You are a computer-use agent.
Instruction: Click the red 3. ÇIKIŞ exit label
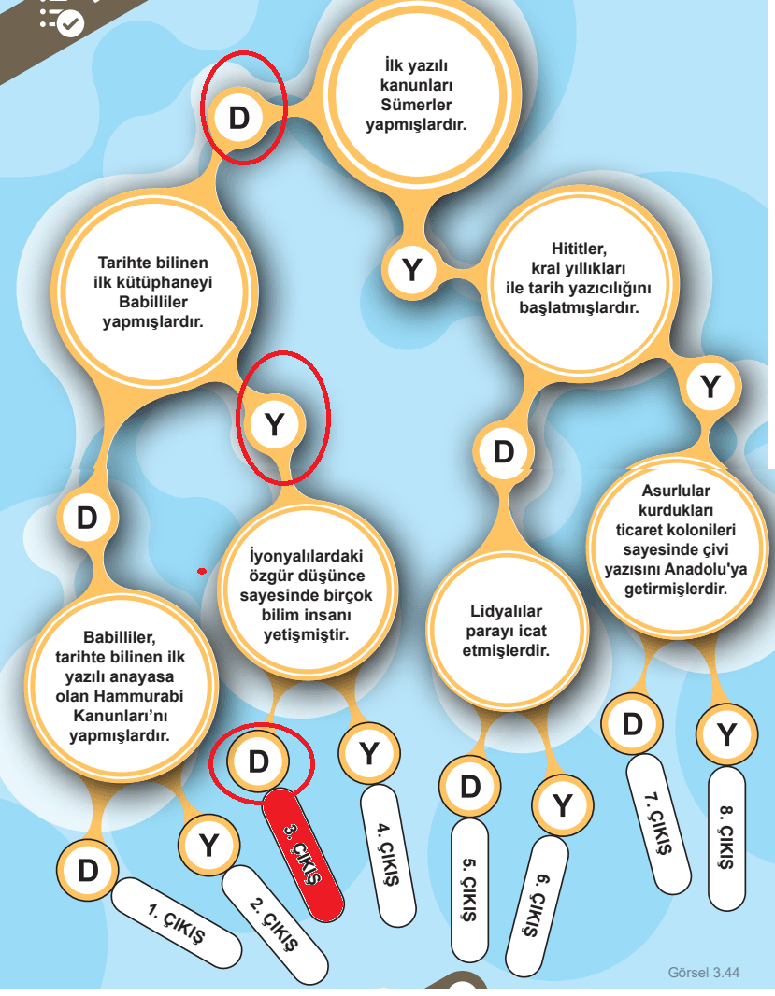pos(303,855)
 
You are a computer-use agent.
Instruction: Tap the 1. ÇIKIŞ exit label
pos(177,923)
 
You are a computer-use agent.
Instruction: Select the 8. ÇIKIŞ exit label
pos(726,838)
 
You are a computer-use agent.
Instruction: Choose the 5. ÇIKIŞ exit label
pos(470,890)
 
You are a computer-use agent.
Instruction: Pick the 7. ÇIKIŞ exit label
pos(658,824)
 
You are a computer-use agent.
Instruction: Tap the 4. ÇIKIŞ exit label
pos(389,855)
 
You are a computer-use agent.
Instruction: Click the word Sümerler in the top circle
pos(416,105)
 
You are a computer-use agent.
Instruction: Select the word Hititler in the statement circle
pos(579,249)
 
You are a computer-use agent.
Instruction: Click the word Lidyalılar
pos(506,611)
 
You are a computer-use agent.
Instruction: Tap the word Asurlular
pos(676,491)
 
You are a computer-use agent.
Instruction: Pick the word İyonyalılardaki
pos(306,556)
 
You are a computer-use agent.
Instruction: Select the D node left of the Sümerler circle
pos(239,118)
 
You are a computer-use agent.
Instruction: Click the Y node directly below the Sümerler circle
pos(412,270)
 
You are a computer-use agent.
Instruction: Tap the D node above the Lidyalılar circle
pos(504,452)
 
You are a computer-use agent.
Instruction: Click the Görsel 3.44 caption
pos(704,973)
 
